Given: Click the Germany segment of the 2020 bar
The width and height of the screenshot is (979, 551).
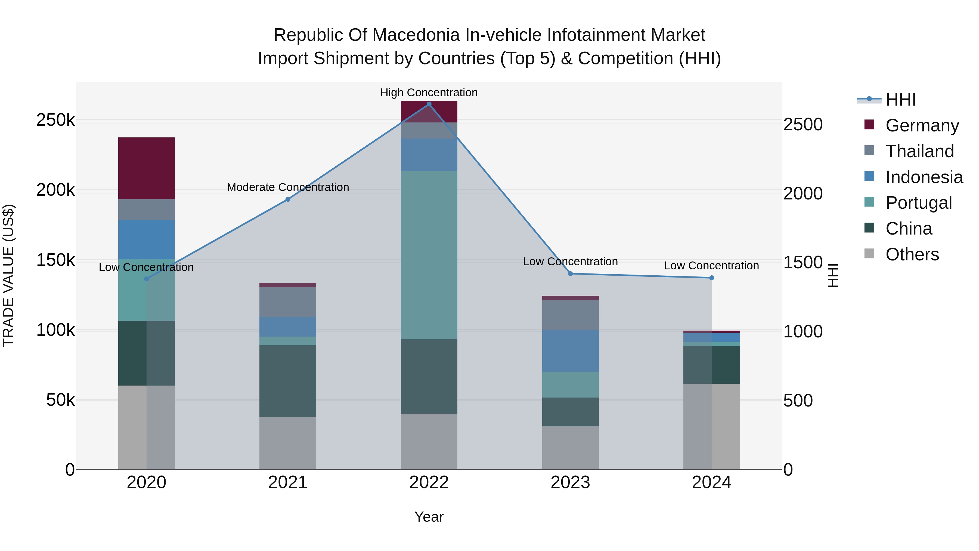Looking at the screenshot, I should [146, 168].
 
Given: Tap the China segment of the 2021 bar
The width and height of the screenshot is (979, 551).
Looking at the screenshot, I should [288, 381].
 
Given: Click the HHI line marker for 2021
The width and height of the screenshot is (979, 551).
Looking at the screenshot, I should [288, 199].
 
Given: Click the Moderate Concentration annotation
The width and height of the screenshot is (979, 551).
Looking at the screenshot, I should [288, 187].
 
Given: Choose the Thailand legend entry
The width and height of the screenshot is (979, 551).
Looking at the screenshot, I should [919, 151].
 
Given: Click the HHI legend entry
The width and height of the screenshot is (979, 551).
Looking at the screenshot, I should [900, 100].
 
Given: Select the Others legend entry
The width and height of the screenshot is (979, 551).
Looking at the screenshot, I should [912, 254].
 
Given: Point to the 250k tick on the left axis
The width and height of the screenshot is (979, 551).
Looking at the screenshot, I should [55, 120].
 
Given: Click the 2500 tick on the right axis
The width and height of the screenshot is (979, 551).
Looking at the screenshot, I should [803, 125].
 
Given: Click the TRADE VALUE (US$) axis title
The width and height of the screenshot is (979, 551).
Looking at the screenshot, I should [8, 276].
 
